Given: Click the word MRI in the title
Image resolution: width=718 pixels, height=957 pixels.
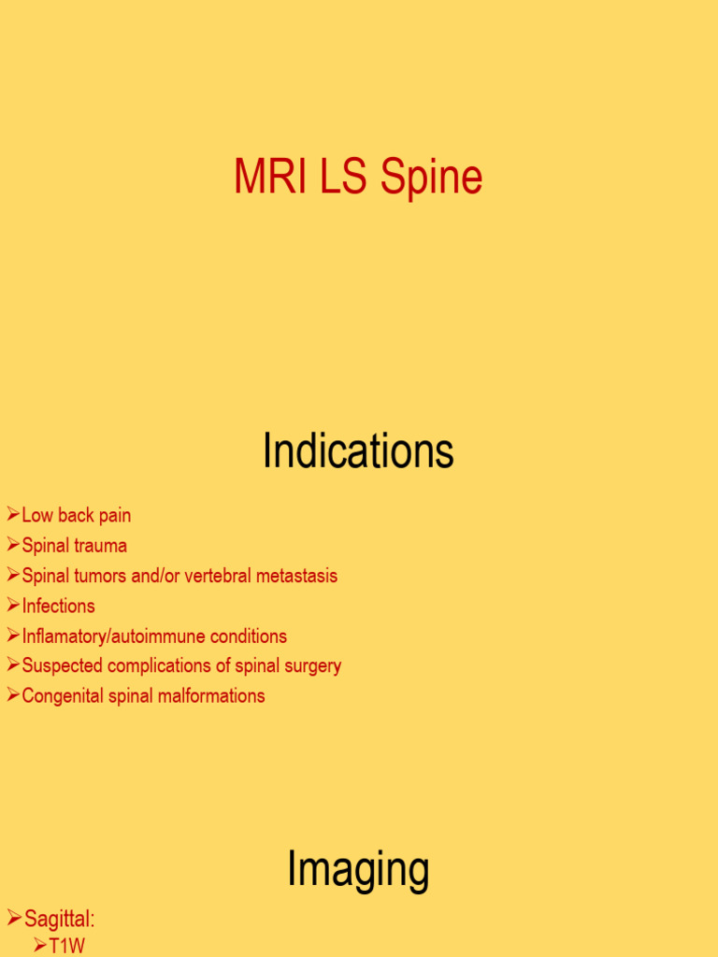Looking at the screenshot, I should (271, 178).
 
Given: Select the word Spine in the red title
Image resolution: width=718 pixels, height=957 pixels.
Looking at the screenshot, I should (432, 178).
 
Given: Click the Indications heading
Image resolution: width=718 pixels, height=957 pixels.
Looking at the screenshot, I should (358, 452).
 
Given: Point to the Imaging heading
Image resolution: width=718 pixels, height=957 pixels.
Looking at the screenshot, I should (358, 869).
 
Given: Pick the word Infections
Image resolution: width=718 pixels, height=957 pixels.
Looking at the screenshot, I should (58, 606).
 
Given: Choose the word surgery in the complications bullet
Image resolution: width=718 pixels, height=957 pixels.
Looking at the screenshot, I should (309, 666).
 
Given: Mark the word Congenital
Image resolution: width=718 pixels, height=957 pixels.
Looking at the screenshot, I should (63, 696).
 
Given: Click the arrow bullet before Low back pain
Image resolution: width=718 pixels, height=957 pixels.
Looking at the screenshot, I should (13, 515).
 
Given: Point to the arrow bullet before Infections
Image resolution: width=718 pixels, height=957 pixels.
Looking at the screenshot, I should (13, 606).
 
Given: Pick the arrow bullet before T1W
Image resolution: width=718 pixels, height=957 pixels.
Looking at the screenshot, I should (40, 946).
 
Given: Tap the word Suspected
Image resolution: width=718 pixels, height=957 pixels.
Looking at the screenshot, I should (63, 666).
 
